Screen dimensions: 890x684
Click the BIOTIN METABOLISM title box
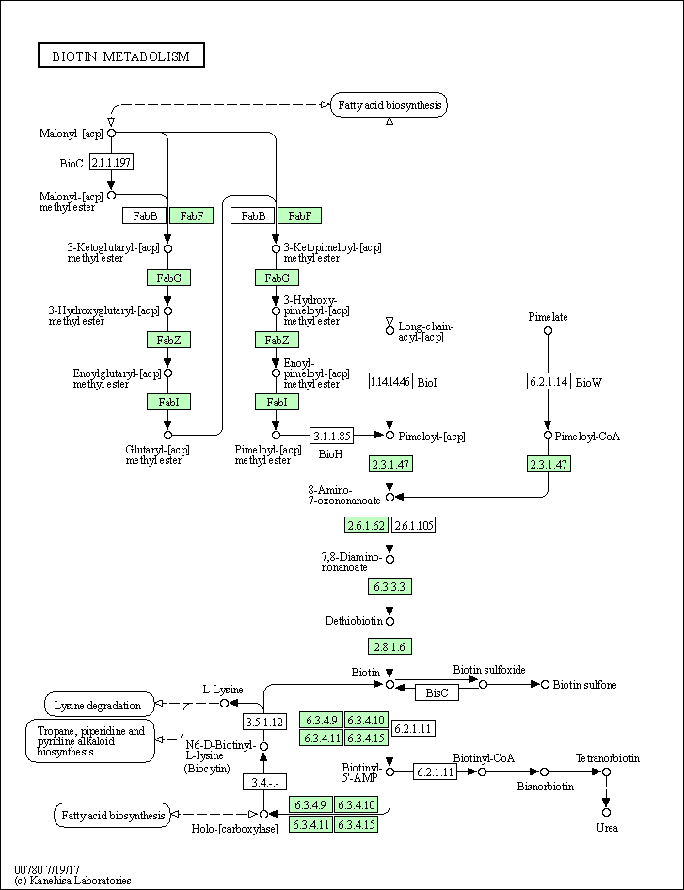pyautogui.click(x=120, y=56)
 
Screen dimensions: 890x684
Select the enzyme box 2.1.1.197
pyautogui.click(x=111, y=163)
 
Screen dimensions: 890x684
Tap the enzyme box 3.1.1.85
pyautogui.click(x=331, y=436)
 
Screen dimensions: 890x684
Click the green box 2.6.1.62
pyautogui.click(x=366, y=525)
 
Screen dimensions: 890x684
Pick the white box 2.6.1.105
pyautogui.click(x=413, y=525)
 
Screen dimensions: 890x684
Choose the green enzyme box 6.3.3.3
pyautogui.click(x=390, y=586)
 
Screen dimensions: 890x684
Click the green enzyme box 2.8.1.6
pyautogui.click(x=390, y=646)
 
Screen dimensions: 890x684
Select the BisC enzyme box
pyautogui.click(x=437, y=692)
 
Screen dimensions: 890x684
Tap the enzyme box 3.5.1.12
pyautogui.click(x=264, y=723)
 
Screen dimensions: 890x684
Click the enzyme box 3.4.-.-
pyautogui.click(x=264, y=782)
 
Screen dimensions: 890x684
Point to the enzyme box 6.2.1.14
pyautogui.click(x=548, y=381)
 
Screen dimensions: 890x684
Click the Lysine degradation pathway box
pyautogui.click(x=98, y=704)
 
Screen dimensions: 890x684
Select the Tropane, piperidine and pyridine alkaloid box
pyautogui.click(x=90, y=740)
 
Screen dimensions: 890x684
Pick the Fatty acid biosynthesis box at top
pyautogui.click(x=389, y=105)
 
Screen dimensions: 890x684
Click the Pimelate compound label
pyautogui.click(x=548, y=317)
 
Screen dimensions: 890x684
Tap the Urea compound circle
pyautogui.click(x=606, y=812)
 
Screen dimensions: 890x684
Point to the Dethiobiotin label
pyautogui.click(x=354, y=621)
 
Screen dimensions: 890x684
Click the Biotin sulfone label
pyautogui.click(x=584, y=685)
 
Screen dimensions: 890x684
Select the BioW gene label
pyautogui.click(x=588, y=382)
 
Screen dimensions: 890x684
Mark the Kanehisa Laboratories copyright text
pyautogui.click(x=72, y=881)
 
